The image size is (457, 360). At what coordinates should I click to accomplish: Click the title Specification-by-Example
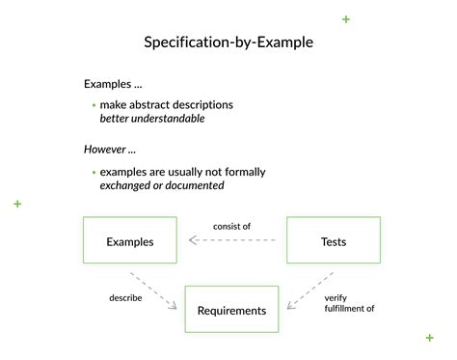[x=228, y=42]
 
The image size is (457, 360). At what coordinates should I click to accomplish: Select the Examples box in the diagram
[x=129, y=241]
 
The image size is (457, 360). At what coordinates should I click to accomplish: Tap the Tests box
[x=334, y=241]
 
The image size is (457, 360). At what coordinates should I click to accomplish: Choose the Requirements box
[x=231, y=310]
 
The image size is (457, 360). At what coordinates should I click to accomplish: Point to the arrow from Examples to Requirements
[x=156, y=291]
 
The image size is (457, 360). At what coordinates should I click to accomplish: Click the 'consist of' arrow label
[x=231, y=226]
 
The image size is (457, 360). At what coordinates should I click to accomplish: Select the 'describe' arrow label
[x=125, y=297]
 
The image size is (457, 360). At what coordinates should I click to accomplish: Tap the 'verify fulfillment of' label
[x=348, y=303]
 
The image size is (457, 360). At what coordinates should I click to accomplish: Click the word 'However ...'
[x=111, y=150]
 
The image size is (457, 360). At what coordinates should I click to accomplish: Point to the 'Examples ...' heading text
[x=113, y=83]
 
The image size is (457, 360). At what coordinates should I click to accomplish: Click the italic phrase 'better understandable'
[x=152, y=119]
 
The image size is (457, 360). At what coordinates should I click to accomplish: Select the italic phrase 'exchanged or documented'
[x=162, y=185]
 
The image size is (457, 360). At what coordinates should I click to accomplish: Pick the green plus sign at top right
[x=345, y=19]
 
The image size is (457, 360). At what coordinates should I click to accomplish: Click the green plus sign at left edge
[x=17, y=204]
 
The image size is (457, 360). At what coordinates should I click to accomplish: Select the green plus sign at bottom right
[x=429, y=337]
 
